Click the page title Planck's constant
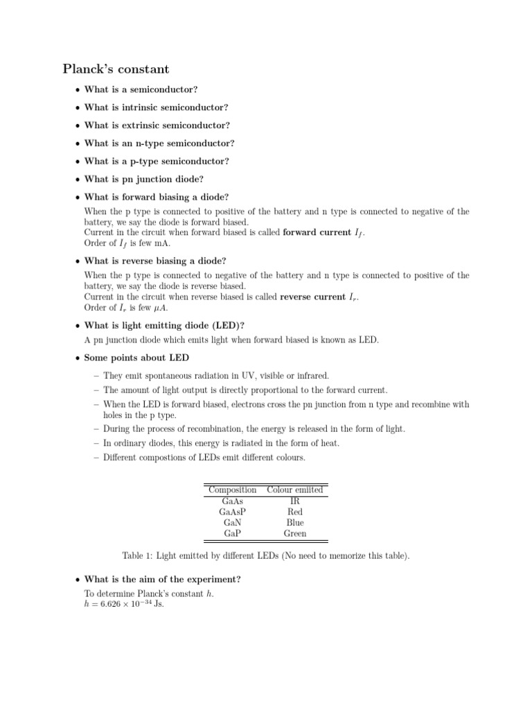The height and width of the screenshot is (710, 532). coord(116,69)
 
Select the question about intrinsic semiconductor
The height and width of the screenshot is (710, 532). coord(156,107)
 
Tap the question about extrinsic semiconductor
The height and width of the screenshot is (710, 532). coord(157,125)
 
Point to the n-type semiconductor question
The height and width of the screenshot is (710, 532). coord(159,144)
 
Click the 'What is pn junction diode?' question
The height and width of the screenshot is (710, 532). coord(143,179)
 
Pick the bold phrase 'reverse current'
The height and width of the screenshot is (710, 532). coord(314,297)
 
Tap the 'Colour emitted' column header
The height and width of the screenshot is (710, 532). coord(295,490)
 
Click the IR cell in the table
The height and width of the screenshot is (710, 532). coord(295,501)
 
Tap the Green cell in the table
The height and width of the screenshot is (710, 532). coord(295,534)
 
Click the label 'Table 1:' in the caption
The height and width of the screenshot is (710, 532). coord(138,556)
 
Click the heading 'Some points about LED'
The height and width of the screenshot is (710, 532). coord(136,358)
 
